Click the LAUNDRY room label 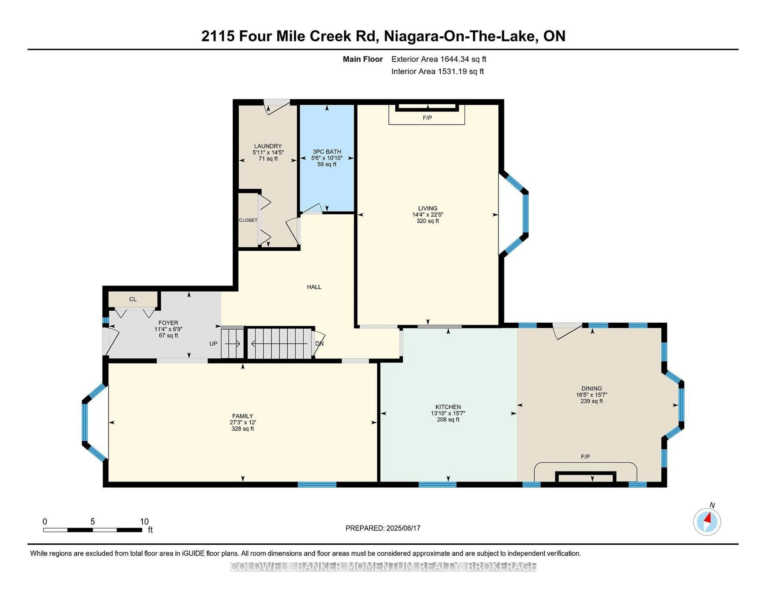[268, 146]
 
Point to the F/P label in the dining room [585, 457]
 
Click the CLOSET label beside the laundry [248, 220]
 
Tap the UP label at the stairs [213, 344]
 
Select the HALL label [314, 287]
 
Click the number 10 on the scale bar [144, 521]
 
